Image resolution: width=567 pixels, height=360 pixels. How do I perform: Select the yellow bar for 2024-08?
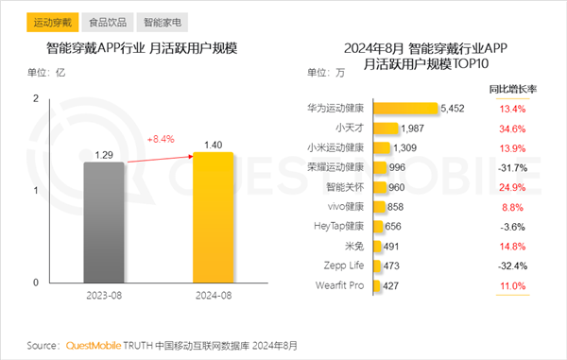point(213,218)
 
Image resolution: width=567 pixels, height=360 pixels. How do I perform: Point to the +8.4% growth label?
point(161,139)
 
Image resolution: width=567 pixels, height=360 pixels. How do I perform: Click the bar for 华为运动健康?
point(406,109)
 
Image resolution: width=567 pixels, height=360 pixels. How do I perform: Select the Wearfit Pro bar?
point(380,284)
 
